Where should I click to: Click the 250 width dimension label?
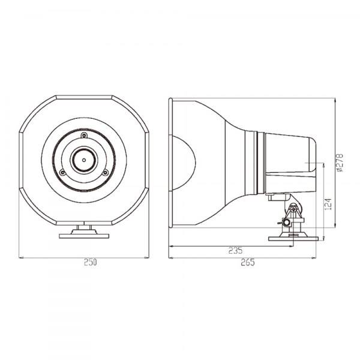click(90, 262)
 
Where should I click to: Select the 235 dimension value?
click(236, 250)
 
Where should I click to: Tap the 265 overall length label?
click(248, 262)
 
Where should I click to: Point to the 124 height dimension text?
click(329, 205)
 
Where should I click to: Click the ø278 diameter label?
click(340, 163)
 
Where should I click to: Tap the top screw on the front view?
click(84, 136)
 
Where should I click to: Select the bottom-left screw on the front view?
click(62, 172)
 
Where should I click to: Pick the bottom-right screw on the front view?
click(105, 172)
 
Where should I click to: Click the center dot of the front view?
click(84, 160)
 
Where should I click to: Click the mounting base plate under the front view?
click(84, 236)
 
